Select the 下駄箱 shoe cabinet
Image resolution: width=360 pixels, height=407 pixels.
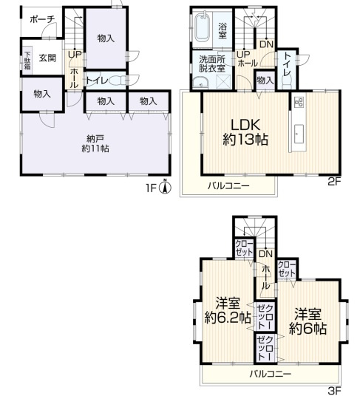click(x=27, y=58)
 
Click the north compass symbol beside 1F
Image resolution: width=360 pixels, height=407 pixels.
click(x=166, y=187)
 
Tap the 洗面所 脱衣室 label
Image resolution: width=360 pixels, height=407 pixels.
click(x=211, y=64)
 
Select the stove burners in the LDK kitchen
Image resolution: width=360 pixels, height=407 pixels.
click(x=299, y=102)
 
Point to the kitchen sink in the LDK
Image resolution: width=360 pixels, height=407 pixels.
click(x=299, y=134)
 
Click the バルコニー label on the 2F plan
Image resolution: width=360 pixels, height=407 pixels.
click(x=228, y=186)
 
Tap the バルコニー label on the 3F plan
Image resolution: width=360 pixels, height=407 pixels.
click(x=270, y=374)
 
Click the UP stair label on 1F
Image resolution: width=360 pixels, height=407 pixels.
click(x=75, y=55)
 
